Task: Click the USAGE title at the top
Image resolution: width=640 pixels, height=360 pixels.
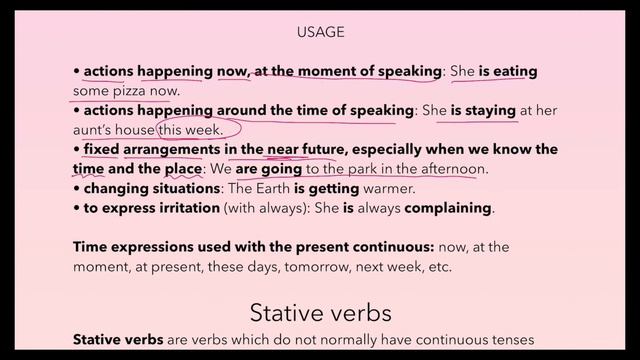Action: [x=320, y=32]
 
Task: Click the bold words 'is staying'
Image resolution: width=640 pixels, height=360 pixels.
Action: [x=484, y=110]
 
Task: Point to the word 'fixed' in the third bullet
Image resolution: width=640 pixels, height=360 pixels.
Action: [x=101, y=149]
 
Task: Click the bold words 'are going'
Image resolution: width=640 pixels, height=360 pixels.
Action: [x=268, y=169]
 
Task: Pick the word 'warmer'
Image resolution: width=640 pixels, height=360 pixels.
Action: [x=412, y=188]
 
